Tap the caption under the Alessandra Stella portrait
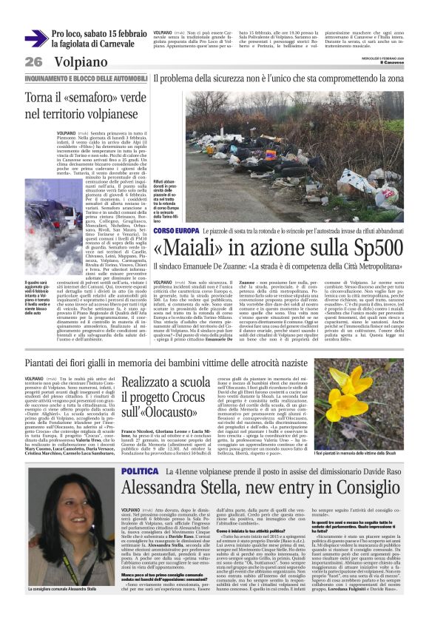coord(71,589)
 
